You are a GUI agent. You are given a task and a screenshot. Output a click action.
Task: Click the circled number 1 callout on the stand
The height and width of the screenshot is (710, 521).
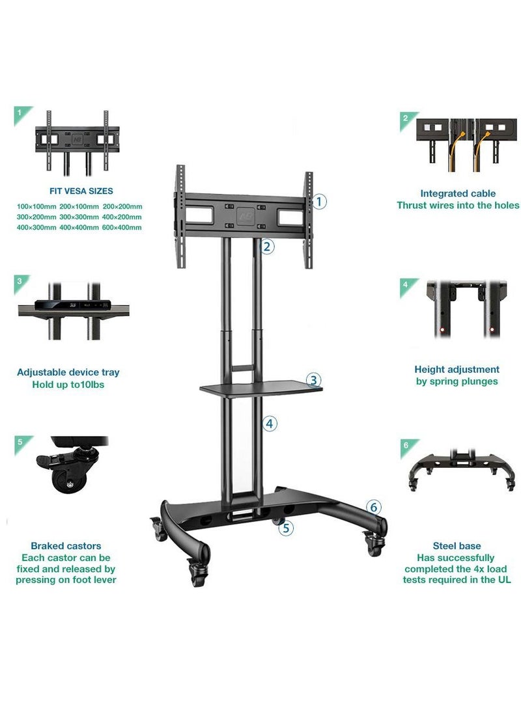click(x=319, y=202)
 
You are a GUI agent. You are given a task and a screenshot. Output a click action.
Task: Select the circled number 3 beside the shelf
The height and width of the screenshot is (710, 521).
click(x=313, y=379)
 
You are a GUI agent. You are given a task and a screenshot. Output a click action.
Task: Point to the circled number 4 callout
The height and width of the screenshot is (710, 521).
click(x=270, y=424)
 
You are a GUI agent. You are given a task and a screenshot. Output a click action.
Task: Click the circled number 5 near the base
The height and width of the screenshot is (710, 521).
click(x=286, y=528)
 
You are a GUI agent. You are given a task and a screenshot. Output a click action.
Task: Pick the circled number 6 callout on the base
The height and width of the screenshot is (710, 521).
click(x=373, y=507)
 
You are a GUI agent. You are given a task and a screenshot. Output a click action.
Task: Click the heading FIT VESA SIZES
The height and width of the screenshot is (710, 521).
click(x=81, y=191)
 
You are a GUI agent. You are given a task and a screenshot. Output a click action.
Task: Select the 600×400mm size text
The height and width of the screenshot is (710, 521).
click(x=122, y=227)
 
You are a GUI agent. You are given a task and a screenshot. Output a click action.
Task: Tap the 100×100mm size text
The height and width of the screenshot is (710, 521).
click(x=35, y=206)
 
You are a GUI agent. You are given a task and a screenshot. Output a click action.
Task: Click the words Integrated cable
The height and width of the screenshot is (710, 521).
click(x=458, y=193)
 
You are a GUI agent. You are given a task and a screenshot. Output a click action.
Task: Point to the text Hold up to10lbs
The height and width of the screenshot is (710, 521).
click(x=68, y=385)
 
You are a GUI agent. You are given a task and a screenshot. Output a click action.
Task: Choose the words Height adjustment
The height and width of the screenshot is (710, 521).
click(x=457, y=369)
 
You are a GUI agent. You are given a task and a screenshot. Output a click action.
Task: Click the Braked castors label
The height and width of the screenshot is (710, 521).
click(x=66, y=546)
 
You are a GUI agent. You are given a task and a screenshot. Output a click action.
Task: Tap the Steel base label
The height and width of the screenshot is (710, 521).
click(x=457, y=546)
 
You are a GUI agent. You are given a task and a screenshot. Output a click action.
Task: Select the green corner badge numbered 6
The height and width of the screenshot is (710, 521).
click(x=406, y=445)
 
